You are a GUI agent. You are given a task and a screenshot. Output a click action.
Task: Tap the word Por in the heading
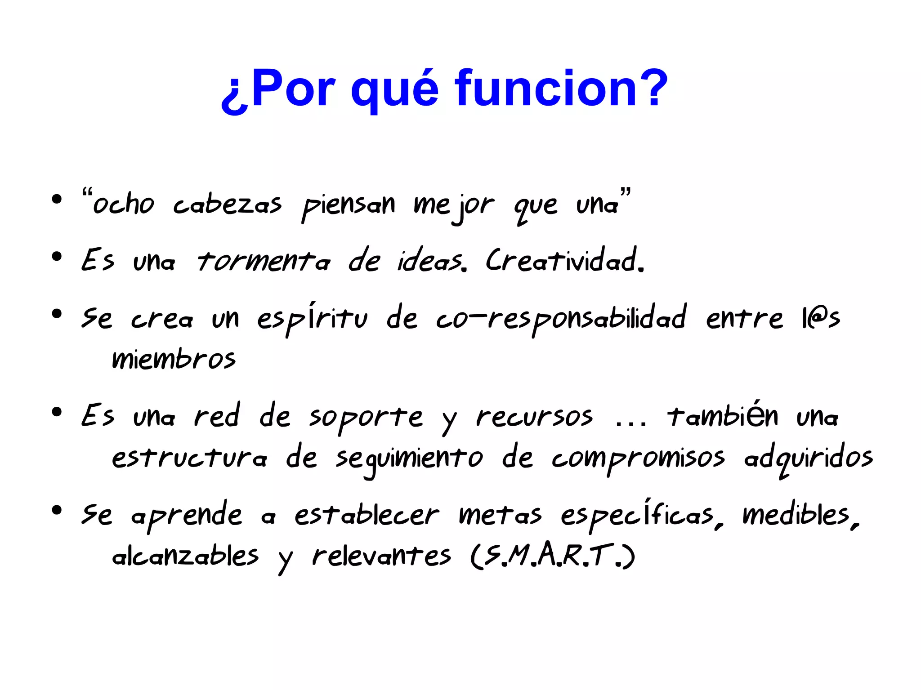click(x=293, y=89)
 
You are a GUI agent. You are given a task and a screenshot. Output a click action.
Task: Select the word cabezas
click(x=228, y=205)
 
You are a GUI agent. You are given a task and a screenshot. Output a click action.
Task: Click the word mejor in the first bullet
click(x=454, y=206)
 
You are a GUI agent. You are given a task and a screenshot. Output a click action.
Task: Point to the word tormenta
click(x=264, y=261)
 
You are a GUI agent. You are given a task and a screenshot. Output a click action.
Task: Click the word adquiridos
click(x=808, y=459)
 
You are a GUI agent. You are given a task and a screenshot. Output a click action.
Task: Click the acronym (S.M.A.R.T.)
click(x=553, y=556)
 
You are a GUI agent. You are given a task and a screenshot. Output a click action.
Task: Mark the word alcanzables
click(x=185, y=556)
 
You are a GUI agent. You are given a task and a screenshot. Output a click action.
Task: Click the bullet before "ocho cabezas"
click(x=57, y=199)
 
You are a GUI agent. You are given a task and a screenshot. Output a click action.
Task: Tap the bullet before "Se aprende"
click(x=57, y=510)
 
